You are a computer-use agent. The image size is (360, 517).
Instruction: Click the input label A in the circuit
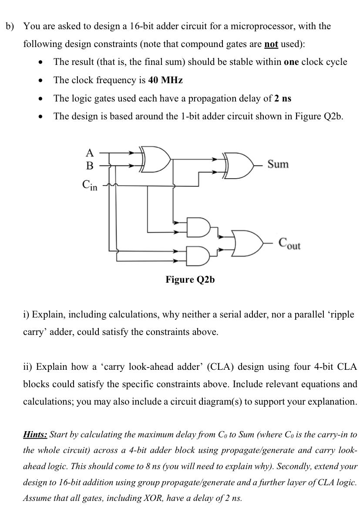tap(90, 152)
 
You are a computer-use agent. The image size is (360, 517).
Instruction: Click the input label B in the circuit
tap(90, 166)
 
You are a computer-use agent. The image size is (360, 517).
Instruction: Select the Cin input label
tap(90, 185)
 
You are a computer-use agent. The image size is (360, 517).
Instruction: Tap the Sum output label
tap(278, 164)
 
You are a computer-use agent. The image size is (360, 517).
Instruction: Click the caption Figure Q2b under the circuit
tap(190, 280)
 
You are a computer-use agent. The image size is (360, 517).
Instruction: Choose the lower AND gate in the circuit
tap(198, 256)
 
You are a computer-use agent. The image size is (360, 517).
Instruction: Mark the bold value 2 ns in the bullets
tap(283, 98)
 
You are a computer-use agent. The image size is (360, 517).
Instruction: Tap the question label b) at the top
tap(10, 26)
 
